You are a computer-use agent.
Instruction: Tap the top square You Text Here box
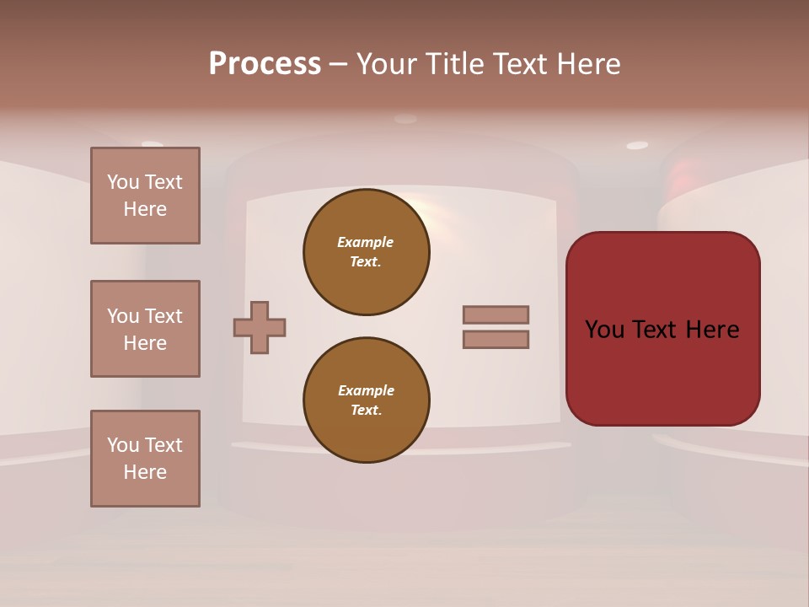point(145,196)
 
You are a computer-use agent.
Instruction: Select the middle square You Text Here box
point(145,329)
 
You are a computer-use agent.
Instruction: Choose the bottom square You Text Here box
point(145,459)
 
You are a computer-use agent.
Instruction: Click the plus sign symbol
point(260,327)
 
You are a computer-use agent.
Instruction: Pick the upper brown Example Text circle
point(367,252)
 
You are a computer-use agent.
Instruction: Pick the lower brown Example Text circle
point(367,400)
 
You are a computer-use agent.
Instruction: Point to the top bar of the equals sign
point(496,314)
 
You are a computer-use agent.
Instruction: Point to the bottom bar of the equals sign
point(496,339)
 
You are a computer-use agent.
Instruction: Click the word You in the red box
point(605,330)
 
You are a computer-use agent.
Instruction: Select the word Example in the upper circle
point(366,242)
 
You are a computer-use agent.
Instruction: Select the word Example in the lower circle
point(366,390)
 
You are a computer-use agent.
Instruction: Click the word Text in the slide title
point(517,64)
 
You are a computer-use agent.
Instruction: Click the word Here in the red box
point(713,330)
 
